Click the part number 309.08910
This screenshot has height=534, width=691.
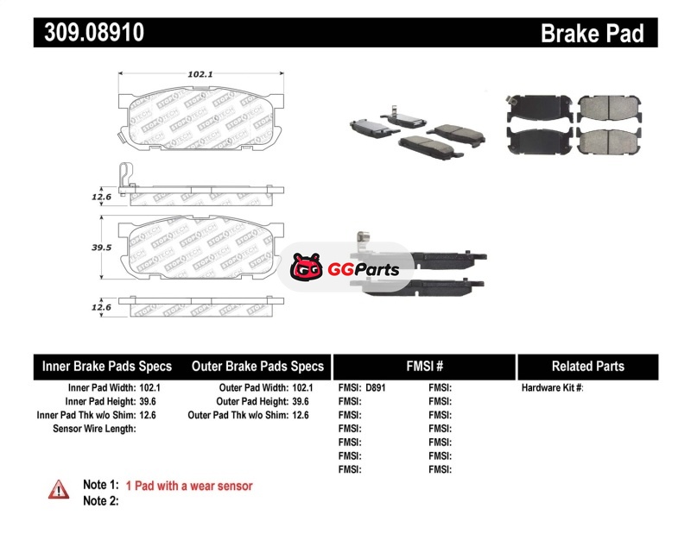tap(89, 34)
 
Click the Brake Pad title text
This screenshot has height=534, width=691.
tap(592, 34)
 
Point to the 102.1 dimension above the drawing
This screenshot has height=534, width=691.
tap(200, 75)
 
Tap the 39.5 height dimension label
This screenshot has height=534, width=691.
tap(102, 248)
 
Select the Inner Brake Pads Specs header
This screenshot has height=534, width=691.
tap(107, 367)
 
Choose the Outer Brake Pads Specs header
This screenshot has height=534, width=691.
tap(257, 367)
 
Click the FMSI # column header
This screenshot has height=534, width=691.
tap(425, 367)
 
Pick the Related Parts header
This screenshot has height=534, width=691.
tap(587, 367)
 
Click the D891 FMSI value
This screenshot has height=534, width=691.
tap(375, 388)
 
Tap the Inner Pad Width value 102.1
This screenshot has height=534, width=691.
tap(149, 388)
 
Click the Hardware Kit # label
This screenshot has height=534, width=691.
tap(552, 388)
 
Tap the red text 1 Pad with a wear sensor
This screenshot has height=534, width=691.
tap(189, 486)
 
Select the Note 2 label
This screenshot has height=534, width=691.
tap(100, 500)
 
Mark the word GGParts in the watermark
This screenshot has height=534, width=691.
tap(363, 269)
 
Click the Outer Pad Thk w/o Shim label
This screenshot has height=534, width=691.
tap(237, 415)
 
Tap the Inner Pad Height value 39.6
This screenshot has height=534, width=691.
tap(149, 401)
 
